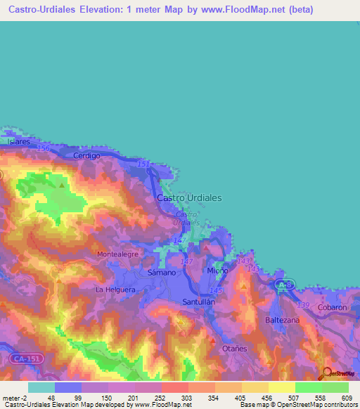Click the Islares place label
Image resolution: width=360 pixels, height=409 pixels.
[19, 141]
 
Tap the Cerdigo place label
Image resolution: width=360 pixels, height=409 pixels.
[87, 155]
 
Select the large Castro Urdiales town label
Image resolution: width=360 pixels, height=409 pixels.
[189, 198]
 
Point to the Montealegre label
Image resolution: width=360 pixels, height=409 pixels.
[118, 254]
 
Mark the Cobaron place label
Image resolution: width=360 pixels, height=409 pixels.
[332, 308]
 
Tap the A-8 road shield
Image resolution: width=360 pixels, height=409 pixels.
[283, 285]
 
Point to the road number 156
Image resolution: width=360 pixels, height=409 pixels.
[44, 149]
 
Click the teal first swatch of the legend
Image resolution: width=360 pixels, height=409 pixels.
[41, 387]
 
